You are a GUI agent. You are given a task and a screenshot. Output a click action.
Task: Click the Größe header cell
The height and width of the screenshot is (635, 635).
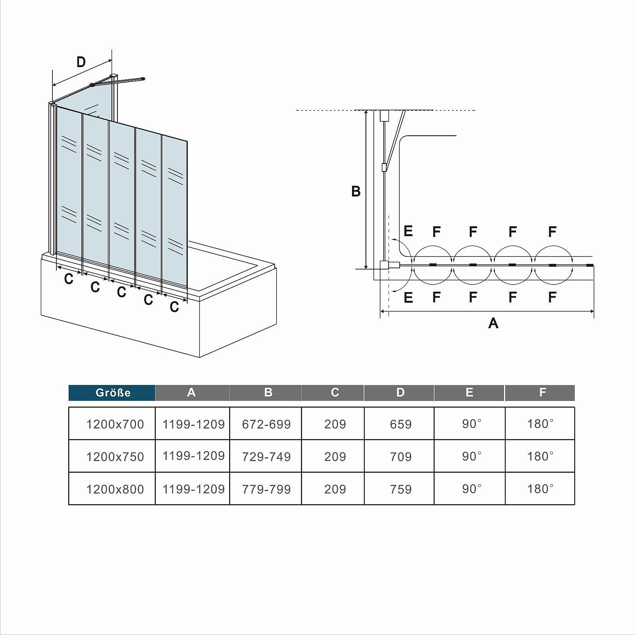point(113,393)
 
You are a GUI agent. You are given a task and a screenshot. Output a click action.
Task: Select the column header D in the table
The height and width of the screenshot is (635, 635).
point(400,393)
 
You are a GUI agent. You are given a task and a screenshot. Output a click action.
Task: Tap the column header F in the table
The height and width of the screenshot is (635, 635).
point(542,393)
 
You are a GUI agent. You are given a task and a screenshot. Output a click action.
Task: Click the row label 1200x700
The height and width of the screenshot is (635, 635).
point(115,424)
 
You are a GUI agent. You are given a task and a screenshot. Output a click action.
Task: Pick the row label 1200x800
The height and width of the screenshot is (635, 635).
point(115,489)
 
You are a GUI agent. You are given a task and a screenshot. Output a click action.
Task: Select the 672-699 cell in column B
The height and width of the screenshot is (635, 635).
point(266,424)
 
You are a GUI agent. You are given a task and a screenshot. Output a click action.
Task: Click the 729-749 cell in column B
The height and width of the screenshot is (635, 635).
point(266,457)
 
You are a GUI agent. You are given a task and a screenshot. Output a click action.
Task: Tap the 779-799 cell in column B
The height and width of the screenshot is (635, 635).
point(266,489)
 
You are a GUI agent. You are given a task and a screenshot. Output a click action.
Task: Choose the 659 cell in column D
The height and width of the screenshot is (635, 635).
point(400,424)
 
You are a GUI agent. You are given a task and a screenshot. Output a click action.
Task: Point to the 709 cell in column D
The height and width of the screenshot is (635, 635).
point(400,457)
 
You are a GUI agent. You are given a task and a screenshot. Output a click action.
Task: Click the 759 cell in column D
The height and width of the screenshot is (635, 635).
point(400,489)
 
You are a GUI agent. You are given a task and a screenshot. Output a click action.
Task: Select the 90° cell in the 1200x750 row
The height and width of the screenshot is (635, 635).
point(471,456)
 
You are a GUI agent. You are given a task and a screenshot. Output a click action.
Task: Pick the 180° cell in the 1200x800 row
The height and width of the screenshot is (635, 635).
point(540,489)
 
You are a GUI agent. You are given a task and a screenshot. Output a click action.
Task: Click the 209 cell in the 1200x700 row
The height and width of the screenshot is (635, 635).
point(335,424)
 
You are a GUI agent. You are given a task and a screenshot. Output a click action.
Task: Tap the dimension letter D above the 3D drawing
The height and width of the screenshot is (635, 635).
point(81,62)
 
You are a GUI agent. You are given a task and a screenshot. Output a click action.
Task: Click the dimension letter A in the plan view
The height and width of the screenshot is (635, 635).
point(493,323)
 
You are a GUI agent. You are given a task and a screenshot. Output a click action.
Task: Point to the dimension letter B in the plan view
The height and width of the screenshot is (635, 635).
point(356,191)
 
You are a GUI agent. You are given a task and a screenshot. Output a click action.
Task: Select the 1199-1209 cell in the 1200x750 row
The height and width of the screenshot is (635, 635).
point(194,456)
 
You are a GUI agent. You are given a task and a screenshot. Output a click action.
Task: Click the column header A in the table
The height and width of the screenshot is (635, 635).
point(191,393)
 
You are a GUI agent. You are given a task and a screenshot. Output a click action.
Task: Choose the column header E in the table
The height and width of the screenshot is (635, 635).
point(469,393)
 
